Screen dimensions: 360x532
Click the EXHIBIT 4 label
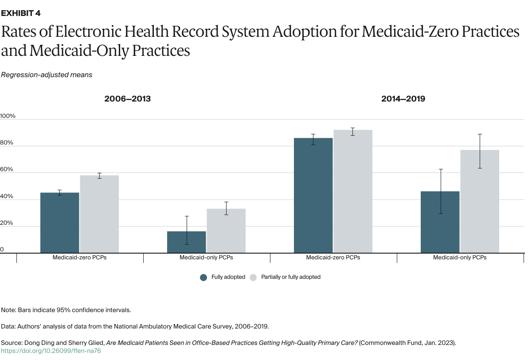(x=21, y=13)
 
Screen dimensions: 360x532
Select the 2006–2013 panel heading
(x=128, y=99)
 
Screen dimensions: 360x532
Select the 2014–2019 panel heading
(x=403, y=99)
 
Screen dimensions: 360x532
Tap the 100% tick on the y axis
(x=8, y=116)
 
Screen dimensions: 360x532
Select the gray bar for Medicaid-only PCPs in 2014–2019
(x=480, y=202)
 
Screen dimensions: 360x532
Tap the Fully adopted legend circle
(x=204, y=277)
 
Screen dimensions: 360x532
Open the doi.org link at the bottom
(x=51, y=351)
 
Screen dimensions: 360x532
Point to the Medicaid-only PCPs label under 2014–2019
(x=460, y=258)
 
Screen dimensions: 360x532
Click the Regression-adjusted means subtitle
(x=47, y=75)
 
